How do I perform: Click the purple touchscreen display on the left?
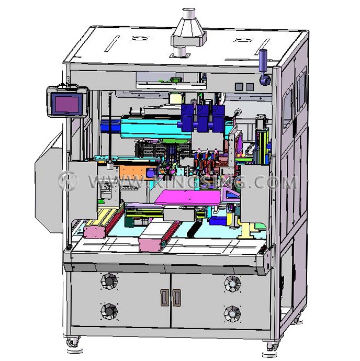tap(67, 103)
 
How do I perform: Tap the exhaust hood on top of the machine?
tap(189, 32)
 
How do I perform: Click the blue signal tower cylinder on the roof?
tap(263, 60)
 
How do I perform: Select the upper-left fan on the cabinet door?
tap(109, 281)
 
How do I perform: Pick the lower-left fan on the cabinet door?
tap(109, 311)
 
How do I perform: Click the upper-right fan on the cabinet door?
tap(233, 284)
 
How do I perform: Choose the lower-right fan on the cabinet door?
tap(232, 314)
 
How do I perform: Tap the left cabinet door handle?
tap(164, 298)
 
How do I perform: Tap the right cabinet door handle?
tap(176, 298)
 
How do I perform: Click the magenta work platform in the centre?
tap(188, 198)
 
